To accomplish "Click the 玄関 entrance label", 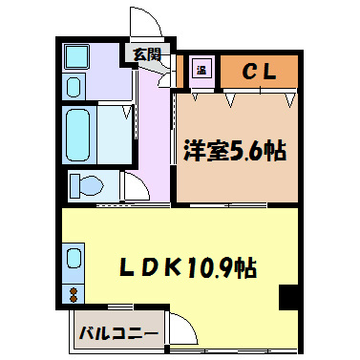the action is click(x=146, y=54).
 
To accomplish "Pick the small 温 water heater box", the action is click(x=201, y=69).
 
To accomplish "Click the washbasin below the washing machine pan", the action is click(x=74, y=87).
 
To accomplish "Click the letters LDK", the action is click(x=149, y=268).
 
